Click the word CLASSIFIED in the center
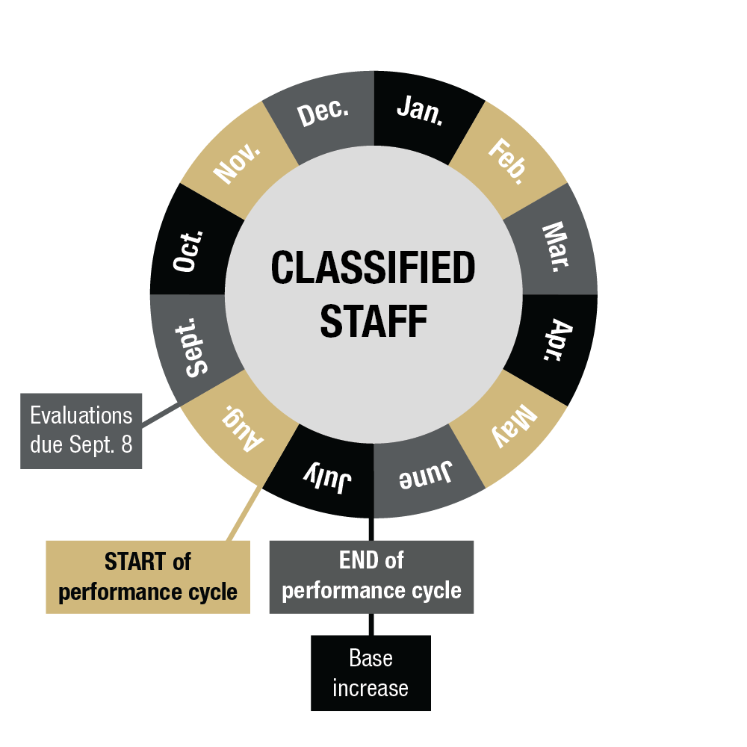pos(373,268)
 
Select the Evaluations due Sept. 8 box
pos(81,430)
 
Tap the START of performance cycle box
pos(148,577)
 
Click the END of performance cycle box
pos(371,576)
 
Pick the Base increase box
pos(371,673)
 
